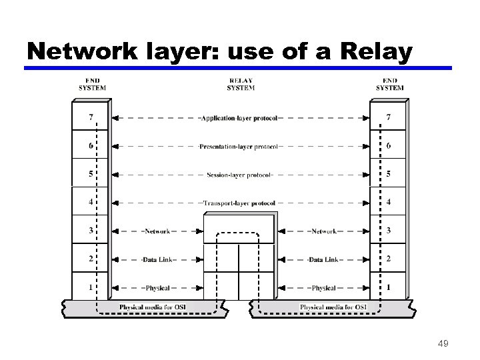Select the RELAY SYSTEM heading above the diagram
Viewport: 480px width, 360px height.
point(240,85)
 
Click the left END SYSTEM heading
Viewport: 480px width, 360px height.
point(92,85)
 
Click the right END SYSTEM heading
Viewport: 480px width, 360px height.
point(389,85)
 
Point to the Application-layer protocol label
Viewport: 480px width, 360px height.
point(238,119)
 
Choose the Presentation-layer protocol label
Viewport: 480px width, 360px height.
point(238,147)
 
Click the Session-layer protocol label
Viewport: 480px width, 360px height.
point(239,175)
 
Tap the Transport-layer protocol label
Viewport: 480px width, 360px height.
point(239,203)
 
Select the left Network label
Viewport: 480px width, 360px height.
point(157,231)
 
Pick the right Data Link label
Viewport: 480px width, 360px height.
point(323,259)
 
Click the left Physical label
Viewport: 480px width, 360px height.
point(157,288)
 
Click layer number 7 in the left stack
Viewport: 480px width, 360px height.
point(90,117)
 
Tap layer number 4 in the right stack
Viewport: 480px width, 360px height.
point(389,202)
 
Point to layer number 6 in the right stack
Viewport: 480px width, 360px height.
point(389,146)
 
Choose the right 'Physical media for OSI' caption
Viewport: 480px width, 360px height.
point(333,307)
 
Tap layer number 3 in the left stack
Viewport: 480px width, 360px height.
point(90,231)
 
